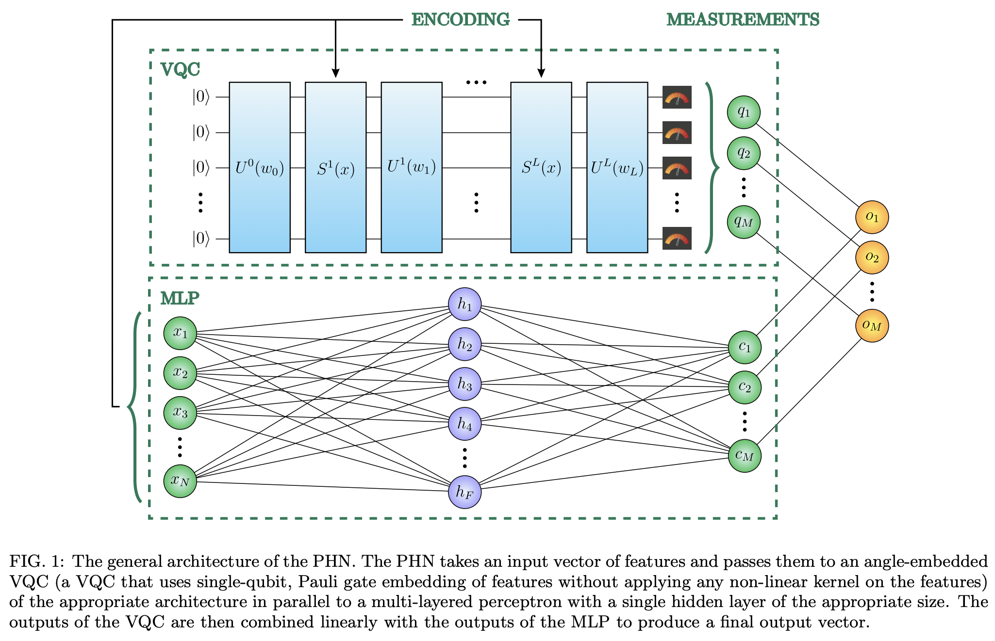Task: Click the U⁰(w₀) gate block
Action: [260, 167]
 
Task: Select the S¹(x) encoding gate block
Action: [335, 167]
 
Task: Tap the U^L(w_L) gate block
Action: [617, 167]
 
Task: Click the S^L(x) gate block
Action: [541, 167]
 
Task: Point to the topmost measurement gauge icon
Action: [677, 97]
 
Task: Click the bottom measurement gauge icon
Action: [677, 239]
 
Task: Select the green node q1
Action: [744, 112]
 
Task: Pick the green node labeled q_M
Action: [744, 222]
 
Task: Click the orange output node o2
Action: [872, 257]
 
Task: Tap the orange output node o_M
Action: [872, 325]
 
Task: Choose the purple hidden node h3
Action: [464, 385]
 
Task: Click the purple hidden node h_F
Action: [464, 492]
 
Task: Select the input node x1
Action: [180, 333]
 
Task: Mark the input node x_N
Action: [180, 481]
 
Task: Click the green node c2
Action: [745, 387]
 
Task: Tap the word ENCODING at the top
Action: [460, 20]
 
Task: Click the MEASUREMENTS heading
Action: [743, 20]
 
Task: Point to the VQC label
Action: [180, 70]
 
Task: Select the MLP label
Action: [180, 298]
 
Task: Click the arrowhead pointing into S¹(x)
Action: [335, 74]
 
